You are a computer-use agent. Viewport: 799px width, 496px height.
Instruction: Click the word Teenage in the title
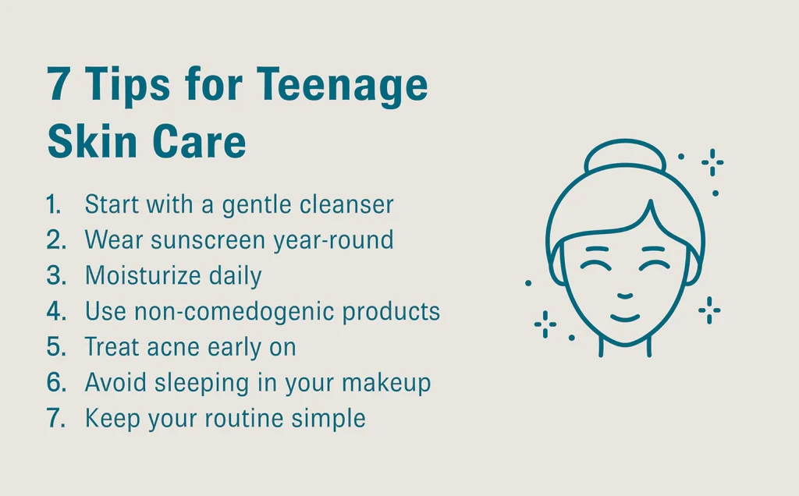pyautogui.click(x=342, y=87)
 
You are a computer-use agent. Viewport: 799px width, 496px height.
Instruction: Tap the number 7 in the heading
pyautogui.click(x=58, y=83)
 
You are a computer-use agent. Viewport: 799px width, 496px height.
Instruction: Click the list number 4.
pyautogui.click(x=56, y=311)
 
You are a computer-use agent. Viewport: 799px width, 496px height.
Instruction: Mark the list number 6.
pyautogui.click(x=56, y=382)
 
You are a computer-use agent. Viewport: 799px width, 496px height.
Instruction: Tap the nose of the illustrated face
pyautogui.click(x=625, y=296)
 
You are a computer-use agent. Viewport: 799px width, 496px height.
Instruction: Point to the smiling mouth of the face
pyautogui.click(x=625, y=319)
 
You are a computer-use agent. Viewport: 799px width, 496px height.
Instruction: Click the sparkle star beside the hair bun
pyautogui.click(x=712, y=162)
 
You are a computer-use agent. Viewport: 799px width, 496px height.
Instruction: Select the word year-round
pyautogui.click(x=334, y=241)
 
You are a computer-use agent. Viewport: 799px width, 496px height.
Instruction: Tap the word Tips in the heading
pyautogui.click(x=127, y=87)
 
